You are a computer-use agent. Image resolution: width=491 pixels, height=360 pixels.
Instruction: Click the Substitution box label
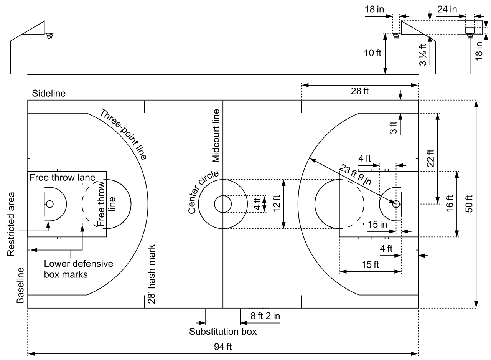click(x=222, y=331)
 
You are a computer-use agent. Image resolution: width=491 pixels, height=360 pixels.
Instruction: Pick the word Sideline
click(x=49, y=93)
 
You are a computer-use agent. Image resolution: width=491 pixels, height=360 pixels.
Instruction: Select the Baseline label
click(x=21, y=286)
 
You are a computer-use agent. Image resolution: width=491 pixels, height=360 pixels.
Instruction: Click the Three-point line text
click(x=124, y=134)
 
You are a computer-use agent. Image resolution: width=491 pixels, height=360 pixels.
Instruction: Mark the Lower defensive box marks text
click(x=78, y=269)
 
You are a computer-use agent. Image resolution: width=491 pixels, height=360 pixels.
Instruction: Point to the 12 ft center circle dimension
click(x=277, y=204)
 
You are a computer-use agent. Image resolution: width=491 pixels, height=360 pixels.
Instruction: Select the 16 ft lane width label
click(x=450, y=204)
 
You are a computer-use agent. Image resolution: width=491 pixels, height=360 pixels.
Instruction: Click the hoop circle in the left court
click(x=49, y=204)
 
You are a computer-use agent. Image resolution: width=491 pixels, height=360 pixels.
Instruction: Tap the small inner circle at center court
click(x=222, y=204)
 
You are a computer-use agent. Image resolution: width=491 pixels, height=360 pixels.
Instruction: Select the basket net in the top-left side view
click(x=49, y=36)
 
